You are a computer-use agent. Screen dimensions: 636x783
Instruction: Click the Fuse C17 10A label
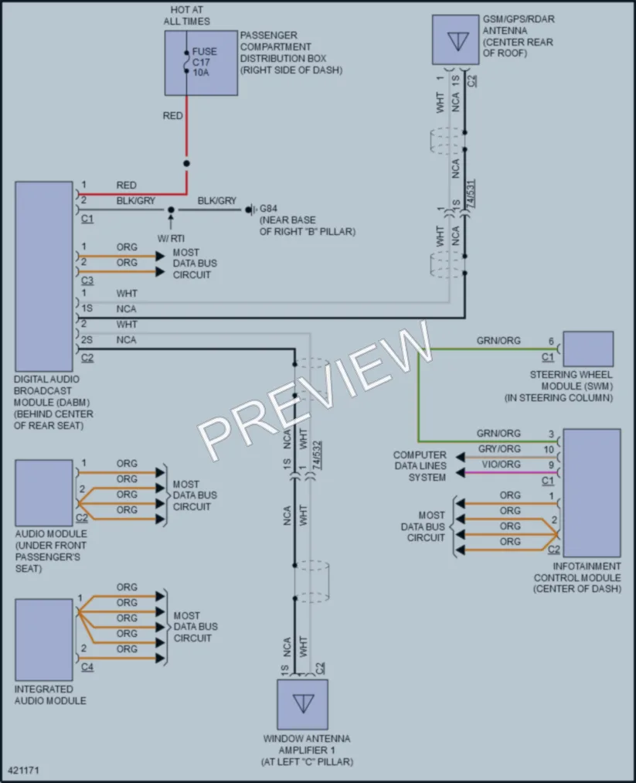pyautogui.click(x=205, y=62)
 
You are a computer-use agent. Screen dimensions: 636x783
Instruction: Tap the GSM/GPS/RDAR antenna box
pyautogui.click(x=455, y=39)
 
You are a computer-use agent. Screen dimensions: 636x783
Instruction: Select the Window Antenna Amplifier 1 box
pyautogui.click(x=302, y=704)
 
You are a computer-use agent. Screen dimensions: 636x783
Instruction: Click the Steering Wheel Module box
pyautogui.click(x=588, y=349)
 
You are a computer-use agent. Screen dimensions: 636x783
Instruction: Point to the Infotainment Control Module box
pyautogui.click(x=592, y=492)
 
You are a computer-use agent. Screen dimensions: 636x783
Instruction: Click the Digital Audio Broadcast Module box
pyautogui.click(x=44, y=276)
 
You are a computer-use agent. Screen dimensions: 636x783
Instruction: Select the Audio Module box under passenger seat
pyautogui.click(x=44, y=493)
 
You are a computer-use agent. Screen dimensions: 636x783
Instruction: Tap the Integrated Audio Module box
pyautogui.click(x=44, y=640)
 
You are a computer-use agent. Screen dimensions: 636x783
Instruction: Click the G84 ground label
pyautogui.click(x=269, y=209)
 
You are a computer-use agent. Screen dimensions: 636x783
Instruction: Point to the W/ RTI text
pyautogui.click(x=171, y=239)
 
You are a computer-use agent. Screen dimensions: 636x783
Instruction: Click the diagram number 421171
pyautogui.click(x=23, y=771)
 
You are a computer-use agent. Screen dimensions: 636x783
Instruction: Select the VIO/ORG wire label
pyautogui.click(x=502, y=465)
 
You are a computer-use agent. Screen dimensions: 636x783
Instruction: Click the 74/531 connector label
pyautogui.click(x=471, y=194)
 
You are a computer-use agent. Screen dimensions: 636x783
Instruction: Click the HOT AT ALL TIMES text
pyautogui.click(x=187, y=15)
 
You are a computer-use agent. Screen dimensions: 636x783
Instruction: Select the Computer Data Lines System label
pyautogui.click(x=420, y=466)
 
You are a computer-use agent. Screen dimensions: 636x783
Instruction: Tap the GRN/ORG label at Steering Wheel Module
pyautogui.click(x=498, y=341)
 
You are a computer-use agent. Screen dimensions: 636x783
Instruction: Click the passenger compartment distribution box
pyautogui.click(x=201, y=63)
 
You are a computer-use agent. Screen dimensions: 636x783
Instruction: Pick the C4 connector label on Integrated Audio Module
pyautogui.click(x=87, y=666)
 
